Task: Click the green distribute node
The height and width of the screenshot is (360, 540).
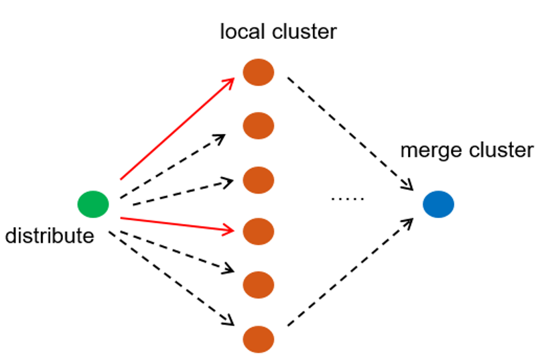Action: (93, 204)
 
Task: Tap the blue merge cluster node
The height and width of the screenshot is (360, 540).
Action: (439, 204)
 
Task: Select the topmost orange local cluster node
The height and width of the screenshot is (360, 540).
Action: (259, 72)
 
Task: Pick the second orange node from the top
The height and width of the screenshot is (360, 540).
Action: (259, 125)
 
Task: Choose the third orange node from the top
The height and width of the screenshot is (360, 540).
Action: (259, 179)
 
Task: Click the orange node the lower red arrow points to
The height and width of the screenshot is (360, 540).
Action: (259, 232)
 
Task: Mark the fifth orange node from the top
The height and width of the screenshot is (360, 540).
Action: (259, 285)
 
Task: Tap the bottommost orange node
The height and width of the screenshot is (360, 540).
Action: (259, 338)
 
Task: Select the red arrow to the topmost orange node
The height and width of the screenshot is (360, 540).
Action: (177, 129)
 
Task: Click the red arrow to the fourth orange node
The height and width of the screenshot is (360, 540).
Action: (178, 224)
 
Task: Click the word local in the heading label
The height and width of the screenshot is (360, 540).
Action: (239, 32)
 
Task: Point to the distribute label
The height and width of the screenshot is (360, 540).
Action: (49, 236)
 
